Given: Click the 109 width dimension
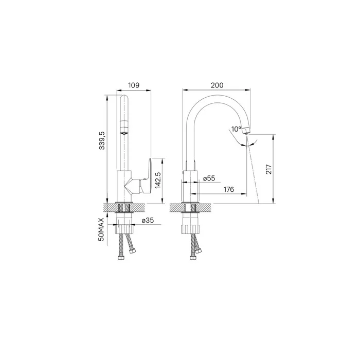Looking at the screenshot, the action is [134, 85].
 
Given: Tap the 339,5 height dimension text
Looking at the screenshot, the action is [102, 140].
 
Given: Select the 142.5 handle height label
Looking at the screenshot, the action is [158, 180].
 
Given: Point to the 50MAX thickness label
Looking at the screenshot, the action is [101, 229].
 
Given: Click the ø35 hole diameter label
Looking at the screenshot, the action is [148, 221].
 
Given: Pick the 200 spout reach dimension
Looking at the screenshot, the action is [217, 85].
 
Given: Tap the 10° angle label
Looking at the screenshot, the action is [236, 129].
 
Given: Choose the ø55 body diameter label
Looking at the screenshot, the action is [209, 178].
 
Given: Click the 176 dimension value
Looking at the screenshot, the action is [229, 189].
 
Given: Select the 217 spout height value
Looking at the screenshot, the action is [268, 169].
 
